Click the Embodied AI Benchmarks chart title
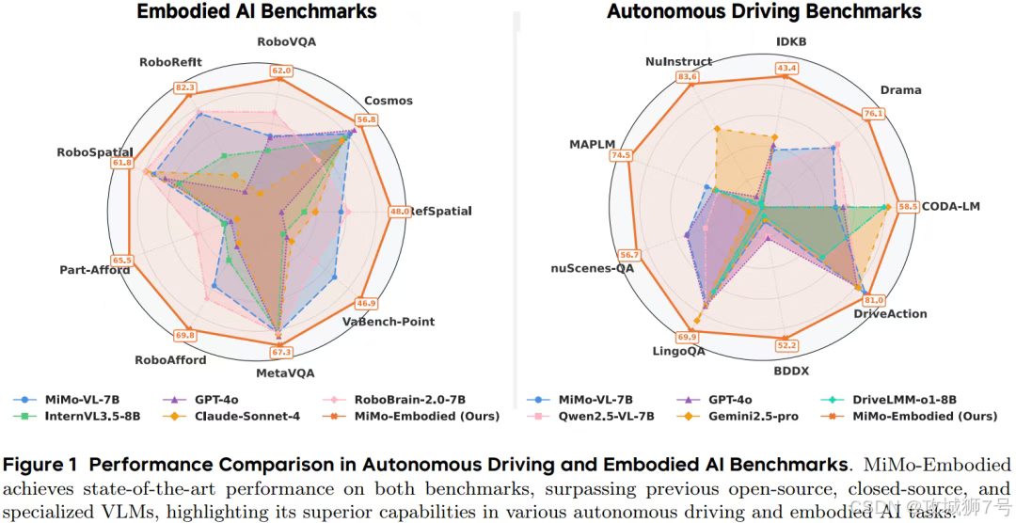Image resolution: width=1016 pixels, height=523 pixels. coord(256,12)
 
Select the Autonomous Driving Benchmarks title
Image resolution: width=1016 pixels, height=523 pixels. coord(764,12)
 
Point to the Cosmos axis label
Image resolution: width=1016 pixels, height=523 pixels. coord(389,101)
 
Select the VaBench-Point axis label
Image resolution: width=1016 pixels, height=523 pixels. coord(389,322)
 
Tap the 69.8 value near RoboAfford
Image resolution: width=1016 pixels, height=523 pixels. coord(185,335)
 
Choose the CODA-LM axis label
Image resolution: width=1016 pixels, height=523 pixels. coord(950,206)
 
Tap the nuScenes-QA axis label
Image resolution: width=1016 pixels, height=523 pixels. coord(593,268)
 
